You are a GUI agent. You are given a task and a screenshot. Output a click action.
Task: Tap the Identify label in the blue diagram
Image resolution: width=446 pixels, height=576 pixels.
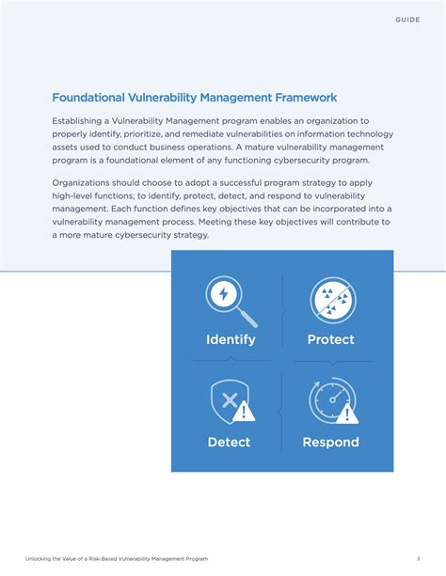click(x=231, y=339)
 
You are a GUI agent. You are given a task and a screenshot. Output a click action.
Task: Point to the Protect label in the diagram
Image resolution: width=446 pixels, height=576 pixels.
click(x=331, y=339)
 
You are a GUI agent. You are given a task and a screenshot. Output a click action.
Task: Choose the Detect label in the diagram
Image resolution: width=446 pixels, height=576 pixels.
click(x=229, y=442)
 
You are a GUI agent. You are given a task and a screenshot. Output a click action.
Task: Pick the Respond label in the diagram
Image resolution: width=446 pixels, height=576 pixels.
click(x=330, y=442)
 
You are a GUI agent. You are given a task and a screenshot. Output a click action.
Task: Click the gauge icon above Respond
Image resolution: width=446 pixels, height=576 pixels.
click(x=330, y=399)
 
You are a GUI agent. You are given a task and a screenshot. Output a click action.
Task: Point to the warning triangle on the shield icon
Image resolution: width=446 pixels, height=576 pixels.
click(x=245, y=411)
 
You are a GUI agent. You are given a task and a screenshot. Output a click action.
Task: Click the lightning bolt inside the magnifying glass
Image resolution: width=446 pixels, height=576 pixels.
click(x=224, y=294)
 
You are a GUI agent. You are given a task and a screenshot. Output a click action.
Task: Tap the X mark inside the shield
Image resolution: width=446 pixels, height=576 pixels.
click(x=227, y=398)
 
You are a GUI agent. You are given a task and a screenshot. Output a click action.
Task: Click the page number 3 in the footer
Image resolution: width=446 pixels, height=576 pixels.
click(x=418, y=558)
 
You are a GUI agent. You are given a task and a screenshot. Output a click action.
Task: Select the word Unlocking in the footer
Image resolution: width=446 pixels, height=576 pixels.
click(x=40, y=558)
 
